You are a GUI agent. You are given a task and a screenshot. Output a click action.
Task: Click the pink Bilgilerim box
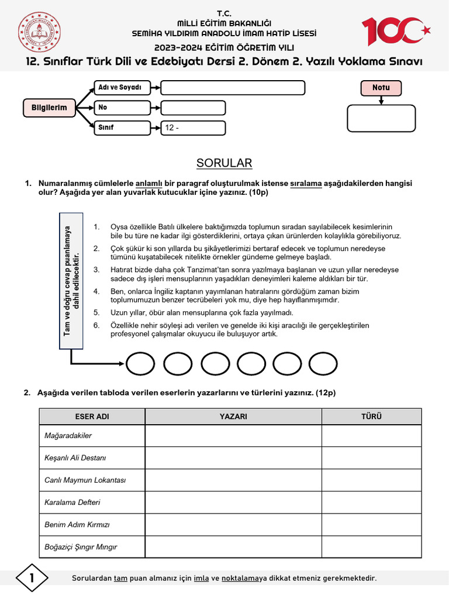[50, 108]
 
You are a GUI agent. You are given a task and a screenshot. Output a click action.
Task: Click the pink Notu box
[381, 88]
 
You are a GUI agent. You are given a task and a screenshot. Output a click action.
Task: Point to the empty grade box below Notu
[381, 119]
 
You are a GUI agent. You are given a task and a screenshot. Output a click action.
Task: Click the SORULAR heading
[224, 163]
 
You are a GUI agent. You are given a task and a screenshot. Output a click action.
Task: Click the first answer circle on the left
[140, 364]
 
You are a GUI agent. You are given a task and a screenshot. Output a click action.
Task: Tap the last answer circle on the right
[323, 364]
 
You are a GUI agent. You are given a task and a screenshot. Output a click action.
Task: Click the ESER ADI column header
[92, 416]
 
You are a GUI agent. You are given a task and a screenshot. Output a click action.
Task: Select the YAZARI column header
[233, 416]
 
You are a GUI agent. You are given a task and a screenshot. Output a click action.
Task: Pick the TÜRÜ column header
[371, 416]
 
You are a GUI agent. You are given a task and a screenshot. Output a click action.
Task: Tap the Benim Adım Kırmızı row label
[77, 525]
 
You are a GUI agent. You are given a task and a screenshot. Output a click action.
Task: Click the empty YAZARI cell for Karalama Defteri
[233, 502]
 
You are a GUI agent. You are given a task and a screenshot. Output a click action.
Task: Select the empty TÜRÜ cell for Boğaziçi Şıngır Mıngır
[371, 547]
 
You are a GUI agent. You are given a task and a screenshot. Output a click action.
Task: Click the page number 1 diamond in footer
[32, 579]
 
